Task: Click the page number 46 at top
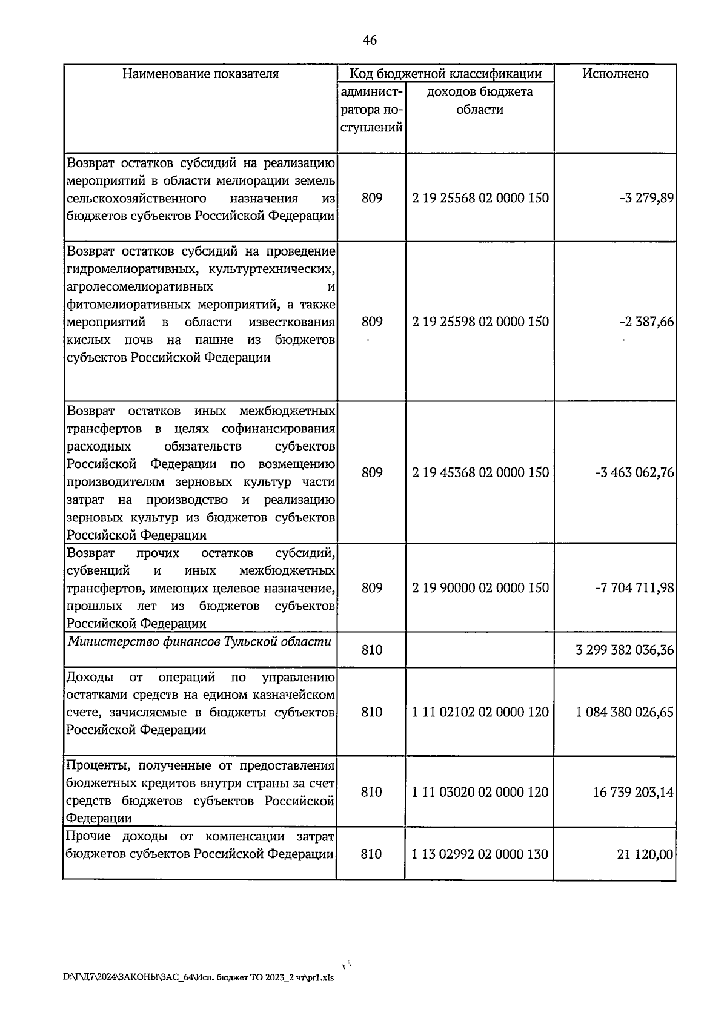point(370,40)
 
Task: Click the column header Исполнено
point(615,74)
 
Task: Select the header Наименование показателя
point(201,74)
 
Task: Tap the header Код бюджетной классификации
point(445,74)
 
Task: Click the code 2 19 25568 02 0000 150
point(480,198)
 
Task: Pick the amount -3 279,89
point(646,198)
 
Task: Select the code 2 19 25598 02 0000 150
point(480,322)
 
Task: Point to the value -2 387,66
point(646,322)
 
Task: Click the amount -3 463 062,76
point(634,472)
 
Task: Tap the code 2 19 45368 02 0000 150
point(480,472)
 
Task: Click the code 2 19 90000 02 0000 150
point(480,588)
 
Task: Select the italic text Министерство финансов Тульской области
point(200,642)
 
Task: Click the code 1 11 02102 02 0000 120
point(480,712)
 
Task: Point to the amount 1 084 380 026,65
point(625,712)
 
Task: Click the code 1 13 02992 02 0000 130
point(480,854)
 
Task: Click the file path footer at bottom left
point(198,977)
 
